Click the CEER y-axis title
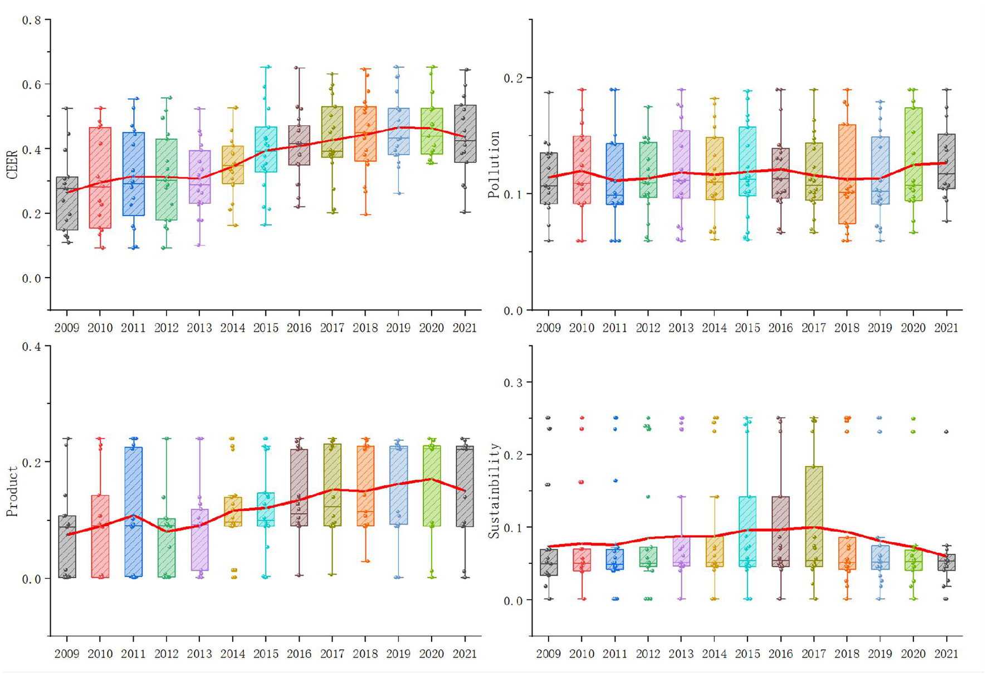12,164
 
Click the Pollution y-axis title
494,165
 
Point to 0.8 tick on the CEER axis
31,20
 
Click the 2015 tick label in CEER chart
266,328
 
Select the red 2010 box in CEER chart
100,178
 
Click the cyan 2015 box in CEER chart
266,149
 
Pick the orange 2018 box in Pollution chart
847,174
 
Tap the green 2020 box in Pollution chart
913,154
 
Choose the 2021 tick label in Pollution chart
946,328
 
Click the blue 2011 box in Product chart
133,512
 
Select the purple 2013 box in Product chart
199,539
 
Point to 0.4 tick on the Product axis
31,346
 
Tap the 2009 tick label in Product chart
67,654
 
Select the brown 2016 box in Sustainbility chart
780,531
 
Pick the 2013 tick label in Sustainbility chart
681,654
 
